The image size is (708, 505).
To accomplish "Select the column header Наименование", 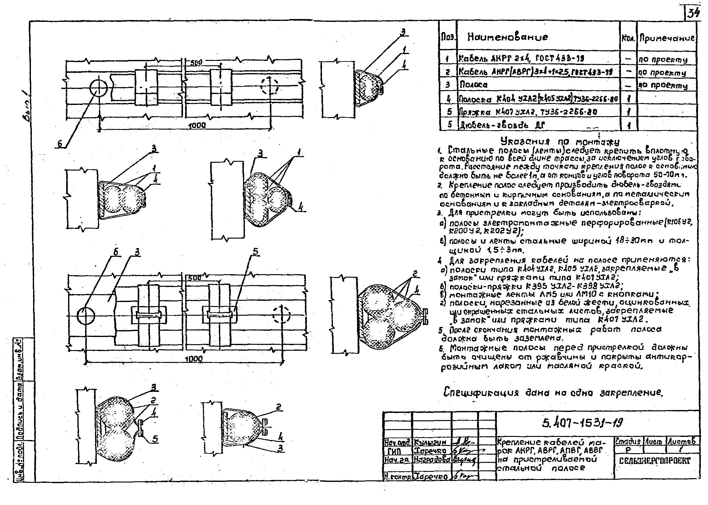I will click(507, 37).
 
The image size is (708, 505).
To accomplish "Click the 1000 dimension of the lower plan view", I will click(194, 359).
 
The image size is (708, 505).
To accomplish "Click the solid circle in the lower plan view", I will click(86, 316).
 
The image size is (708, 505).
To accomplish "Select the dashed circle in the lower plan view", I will click(281, 314).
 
